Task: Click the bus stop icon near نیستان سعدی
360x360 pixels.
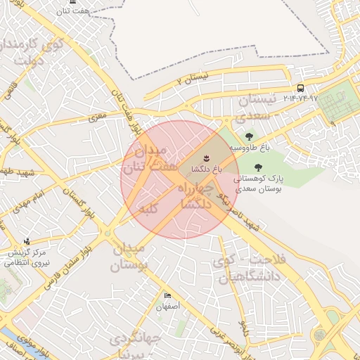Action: (300, 88)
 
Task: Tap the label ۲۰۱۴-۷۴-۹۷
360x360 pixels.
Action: (300, 98)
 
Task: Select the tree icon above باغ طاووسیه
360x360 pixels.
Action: (248, 136)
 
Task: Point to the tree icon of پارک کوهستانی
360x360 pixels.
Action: (258, 167)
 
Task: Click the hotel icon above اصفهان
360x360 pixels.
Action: (167, 296)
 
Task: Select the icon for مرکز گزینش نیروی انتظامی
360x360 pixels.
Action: (27, 241)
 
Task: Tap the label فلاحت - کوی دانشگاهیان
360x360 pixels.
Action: (248, 268)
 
